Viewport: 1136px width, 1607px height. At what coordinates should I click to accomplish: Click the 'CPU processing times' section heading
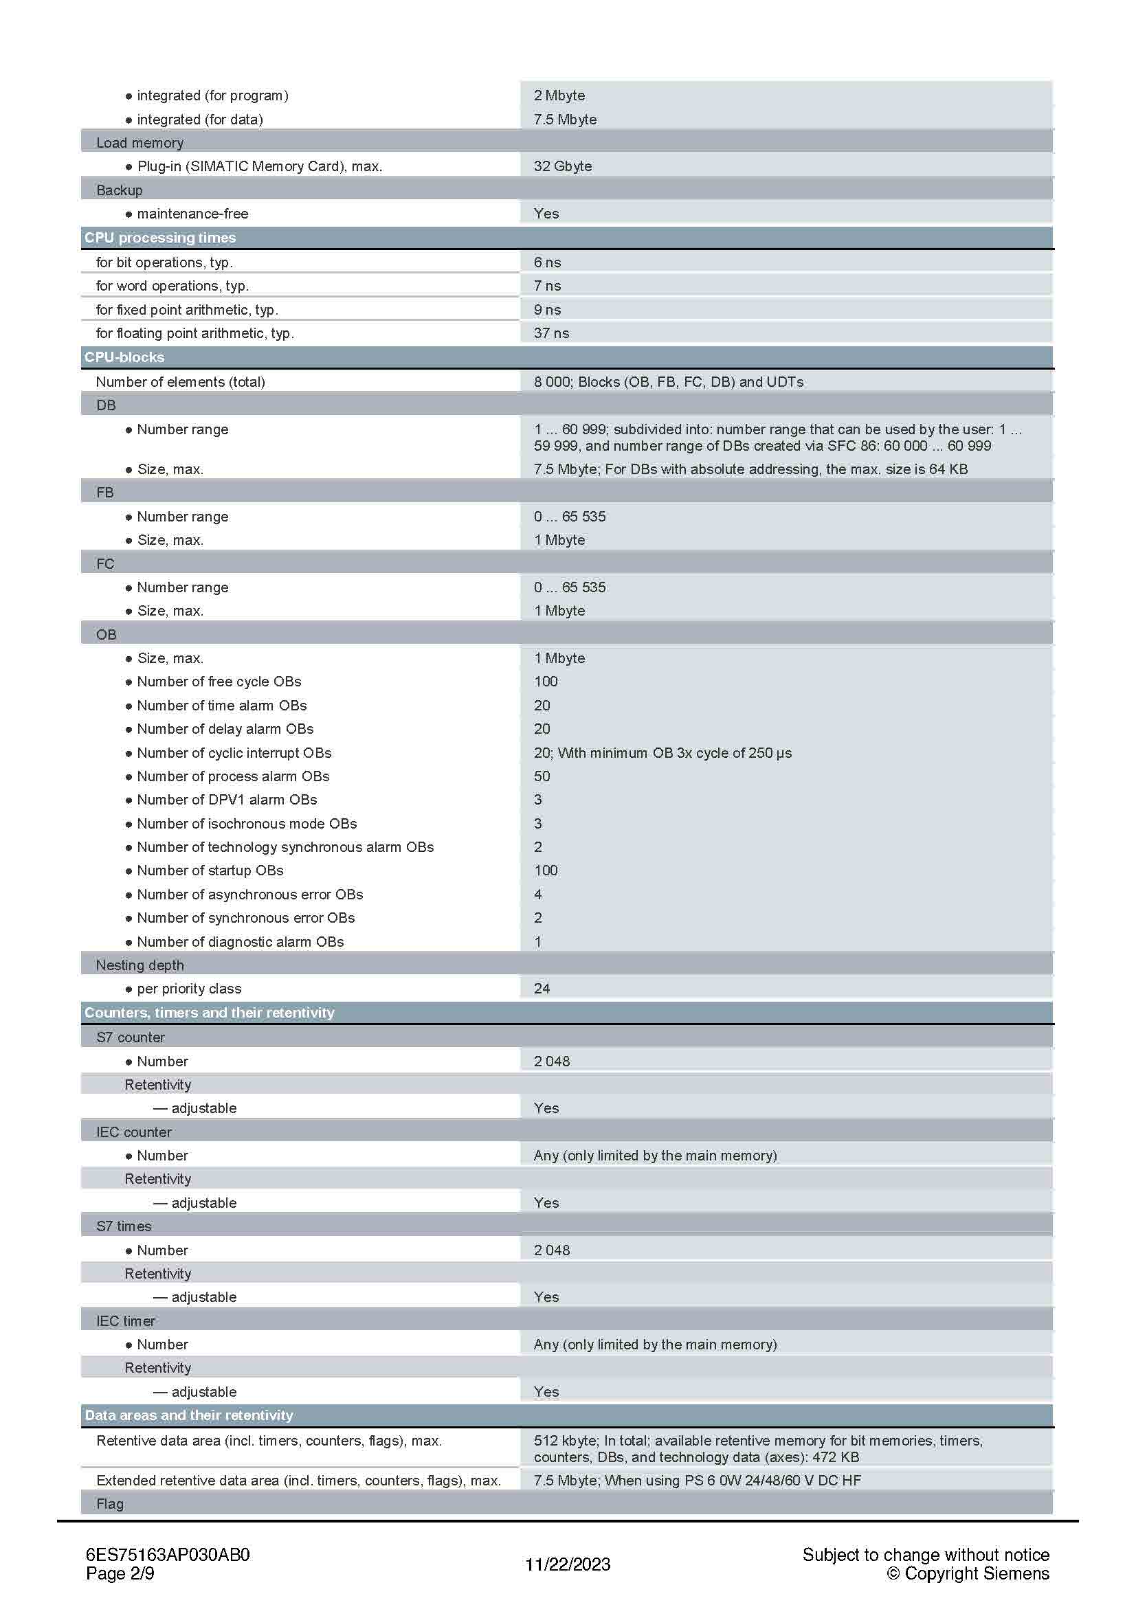tap(160, 238)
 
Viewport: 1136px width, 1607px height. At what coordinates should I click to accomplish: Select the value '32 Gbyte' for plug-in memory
tap(562, 166)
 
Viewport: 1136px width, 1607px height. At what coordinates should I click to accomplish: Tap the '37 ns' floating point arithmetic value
tap(551, 333)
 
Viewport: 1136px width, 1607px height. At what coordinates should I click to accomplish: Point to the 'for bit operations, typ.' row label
tap(164, 262)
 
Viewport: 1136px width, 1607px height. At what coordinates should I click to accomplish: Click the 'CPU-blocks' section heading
tap(124, 357)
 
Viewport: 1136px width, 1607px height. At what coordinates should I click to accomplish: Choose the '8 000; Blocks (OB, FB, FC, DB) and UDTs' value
tap(668, 382)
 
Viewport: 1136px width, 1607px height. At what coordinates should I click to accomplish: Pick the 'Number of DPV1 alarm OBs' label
tap(227, 800)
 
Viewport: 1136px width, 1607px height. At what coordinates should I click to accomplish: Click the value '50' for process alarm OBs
tap(542, 776)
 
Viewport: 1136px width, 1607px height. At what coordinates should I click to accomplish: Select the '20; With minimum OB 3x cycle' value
tap(662, 753)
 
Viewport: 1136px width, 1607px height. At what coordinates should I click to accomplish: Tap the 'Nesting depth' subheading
tap(140, 965)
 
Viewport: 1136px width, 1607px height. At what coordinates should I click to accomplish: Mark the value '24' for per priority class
tap(542, 989)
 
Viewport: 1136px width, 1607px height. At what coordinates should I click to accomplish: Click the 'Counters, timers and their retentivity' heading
tap(210, 1013)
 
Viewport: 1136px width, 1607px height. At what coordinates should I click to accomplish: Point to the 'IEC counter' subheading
tap(134, 1132)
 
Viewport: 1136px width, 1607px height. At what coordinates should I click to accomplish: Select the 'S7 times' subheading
tap(124, 1226)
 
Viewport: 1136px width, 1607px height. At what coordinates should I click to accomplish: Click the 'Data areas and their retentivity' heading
tap(189, 1415)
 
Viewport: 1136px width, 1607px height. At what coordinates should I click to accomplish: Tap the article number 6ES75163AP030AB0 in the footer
tap(168, 1555)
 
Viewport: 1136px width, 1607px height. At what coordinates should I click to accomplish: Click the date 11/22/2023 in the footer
tap(568, 1564)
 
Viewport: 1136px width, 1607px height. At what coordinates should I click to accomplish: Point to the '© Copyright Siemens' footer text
tap(968, 1573)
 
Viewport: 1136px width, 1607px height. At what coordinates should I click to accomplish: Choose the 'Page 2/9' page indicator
tap(120, 1573)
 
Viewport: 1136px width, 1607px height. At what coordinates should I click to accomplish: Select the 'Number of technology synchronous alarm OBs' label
tap(285, 847)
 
